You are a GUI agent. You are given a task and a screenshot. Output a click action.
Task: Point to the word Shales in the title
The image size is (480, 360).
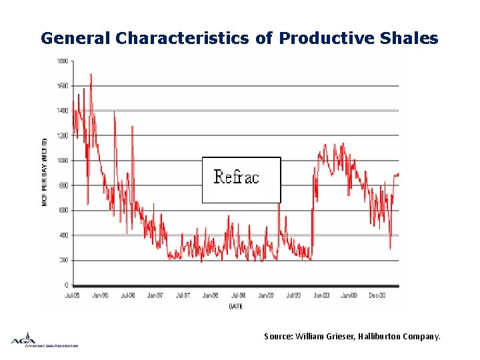point(407,38)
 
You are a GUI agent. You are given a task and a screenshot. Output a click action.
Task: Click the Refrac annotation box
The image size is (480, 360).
point(241,179)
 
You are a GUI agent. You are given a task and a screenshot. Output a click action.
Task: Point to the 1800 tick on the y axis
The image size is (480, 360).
point(61,61)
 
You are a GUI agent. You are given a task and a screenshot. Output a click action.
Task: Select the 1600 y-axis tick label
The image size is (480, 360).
point(61,86)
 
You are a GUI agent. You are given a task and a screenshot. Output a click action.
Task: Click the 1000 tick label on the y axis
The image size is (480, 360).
point(61,161)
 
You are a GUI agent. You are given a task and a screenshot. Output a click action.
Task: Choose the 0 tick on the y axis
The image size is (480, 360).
point(66,285)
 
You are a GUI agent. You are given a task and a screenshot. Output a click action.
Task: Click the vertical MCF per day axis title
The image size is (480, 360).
point(45,171)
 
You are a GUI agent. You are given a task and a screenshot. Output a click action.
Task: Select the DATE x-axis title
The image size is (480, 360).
point(236,306)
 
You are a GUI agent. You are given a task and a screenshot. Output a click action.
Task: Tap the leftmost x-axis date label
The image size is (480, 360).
point(72,294)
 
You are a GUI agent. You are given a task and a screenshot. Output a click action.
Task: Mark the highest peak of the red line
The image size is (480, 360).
point(91,74)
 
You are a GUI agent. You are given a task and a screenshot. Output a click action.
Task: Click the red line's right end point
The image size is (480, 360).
point(398,175)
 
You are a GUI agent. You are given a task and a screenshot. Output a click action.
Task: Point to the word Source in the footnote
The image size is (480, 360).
point(277,337)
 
